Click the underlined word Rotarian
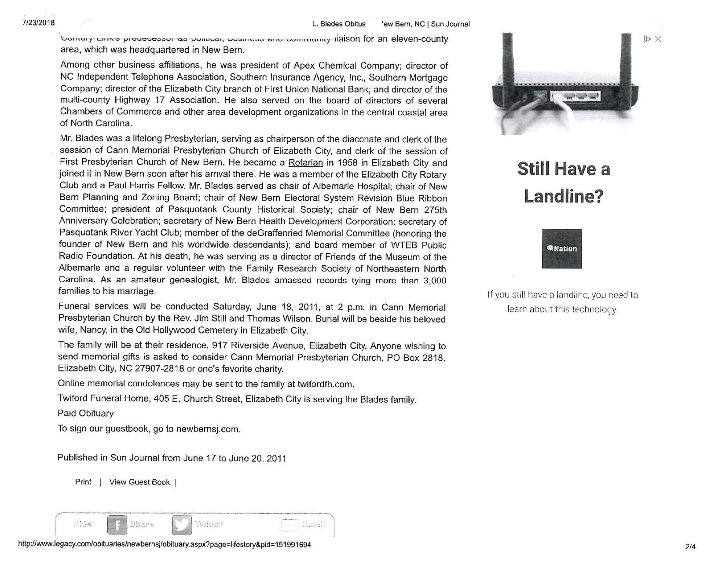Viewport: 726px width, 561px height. coord(305,163)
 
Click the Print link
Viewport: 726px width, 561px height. coord(83,482)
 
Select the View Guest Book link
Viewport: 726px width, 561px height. coord(139,482)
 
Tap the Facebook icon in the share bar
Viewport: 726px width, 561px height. coord(117,524)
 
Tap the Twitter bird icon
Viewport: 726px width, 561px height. coord(182,524)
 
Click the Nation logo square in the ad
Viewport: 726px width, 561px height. coord(561,249)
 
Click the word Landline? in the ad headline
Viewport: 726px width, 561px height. coord(563,196)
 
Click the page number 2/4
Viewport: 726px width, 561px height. coord(690,547)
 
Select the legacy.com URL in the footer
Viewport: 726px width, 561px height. coord(165,545)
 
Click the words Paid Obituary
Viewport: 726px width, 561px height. coord(85,413)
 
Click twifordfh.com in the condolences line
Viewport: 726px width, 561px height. coord(325,384)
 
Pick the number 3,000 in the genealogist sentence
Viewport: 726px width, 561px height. coord(435,280)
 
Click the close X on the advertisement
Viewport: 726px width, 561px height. coord(658,39)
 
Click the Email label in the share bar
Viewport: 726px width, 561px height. coord(314,524)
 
